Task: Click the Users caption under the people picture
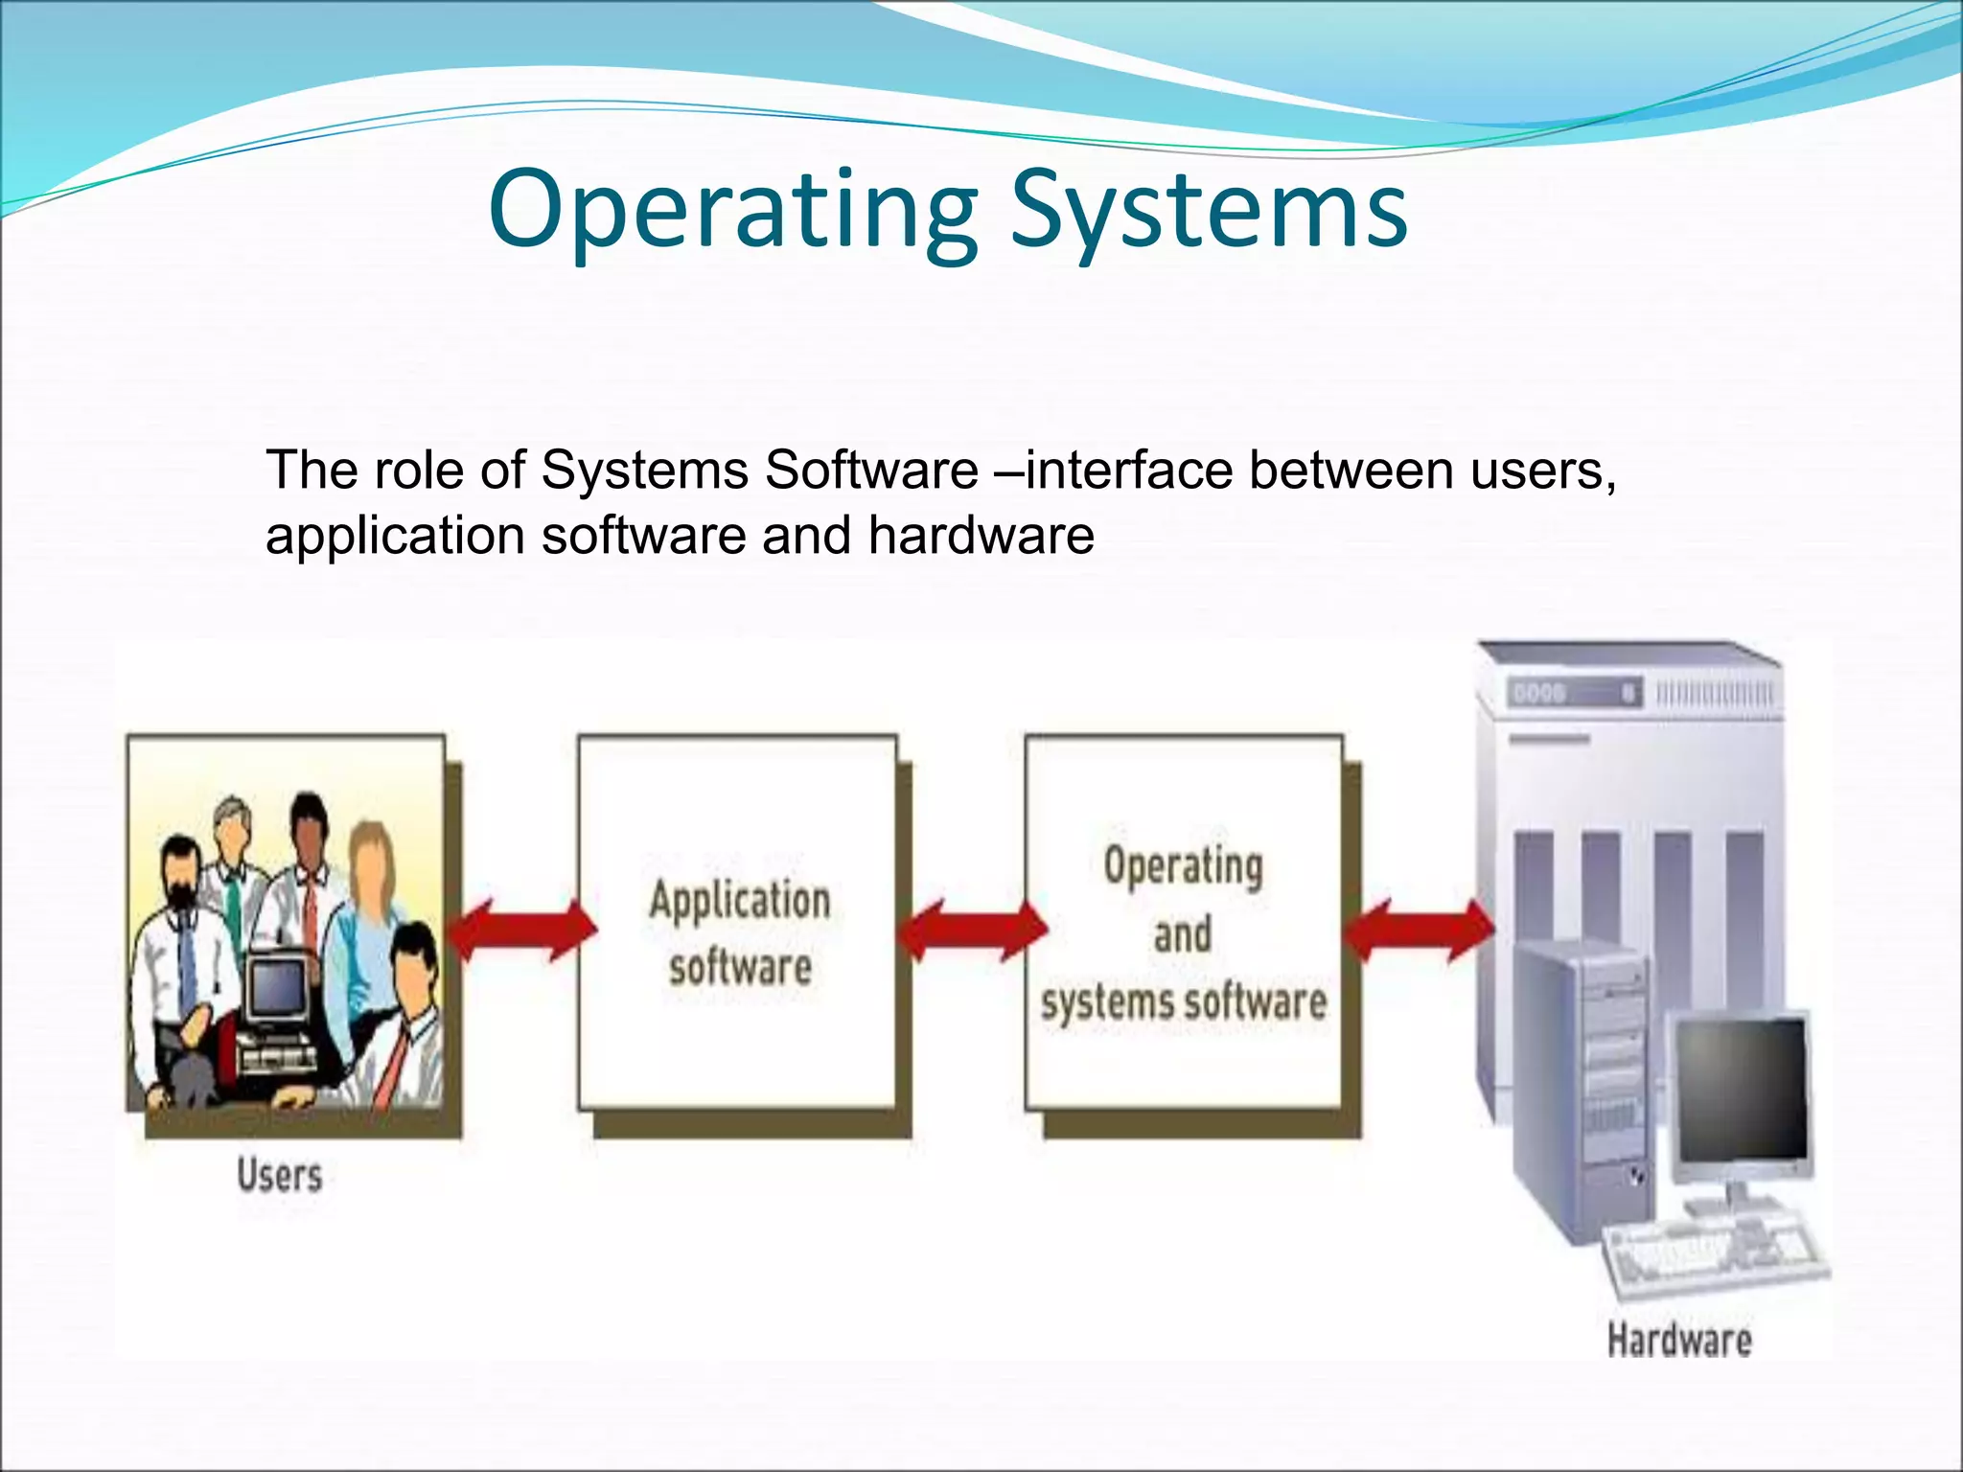click(279, 1176)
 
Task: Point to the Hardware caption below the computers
click(1678, 1340)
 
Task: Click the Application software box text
click(739, 931)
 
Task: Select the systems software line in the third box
click(1184, 1002)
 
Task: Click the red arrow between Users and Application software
click(522, 930)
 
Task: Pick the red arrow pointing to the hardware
click(1419, 930)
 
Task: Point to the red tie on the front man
click(393, 1064)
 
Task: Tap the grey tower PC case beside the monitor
click(1582, 1083)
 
